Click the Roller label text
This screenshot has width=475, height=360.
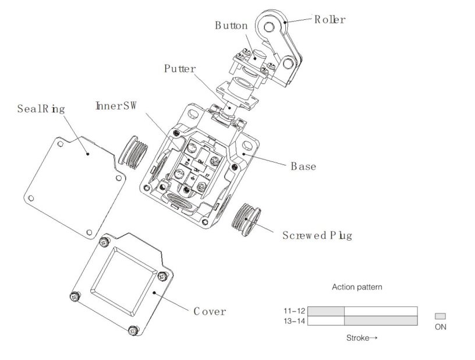click(x=330, y=20)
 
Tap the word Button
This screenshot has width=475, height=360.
click(x=231, y=26)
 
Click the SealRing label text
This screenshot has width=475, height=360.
click(x=41, y=108)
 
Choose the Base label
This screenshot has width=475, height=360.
click(x=303, y=166)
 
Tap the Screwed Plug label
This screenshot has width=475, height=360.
click(x=317, y=236)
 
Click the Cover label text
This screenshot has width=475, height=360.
click(x=210, y=311)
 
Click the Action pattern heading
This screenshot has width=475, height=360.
click(x=357, y=287)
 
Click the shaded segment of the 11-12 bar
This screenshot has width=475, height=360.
click(x=326, y=310)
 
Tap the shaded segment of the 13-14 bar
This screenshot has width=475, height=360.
click(x=381, y=320)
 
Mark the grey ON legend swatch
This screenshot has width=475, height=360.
click(x=440, y=316)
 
